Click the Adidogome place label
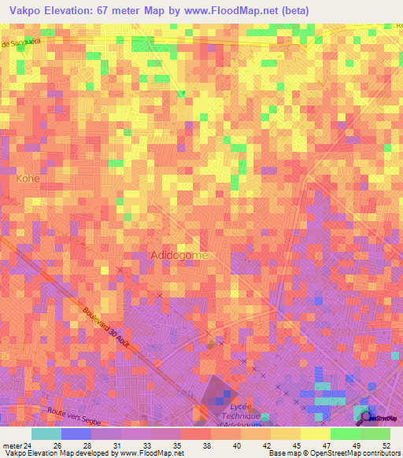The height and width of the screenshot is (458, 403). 179,256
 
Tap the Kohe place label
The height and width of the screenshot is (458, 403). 27,179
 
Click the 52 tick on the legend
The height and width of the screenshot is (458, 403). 385,445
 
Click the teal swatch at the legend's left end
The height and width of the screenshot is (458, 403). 46,434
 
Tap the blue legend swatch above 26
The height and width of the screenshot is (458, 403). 76,434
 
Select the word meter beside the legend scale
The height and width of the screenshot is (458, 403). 12,445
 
